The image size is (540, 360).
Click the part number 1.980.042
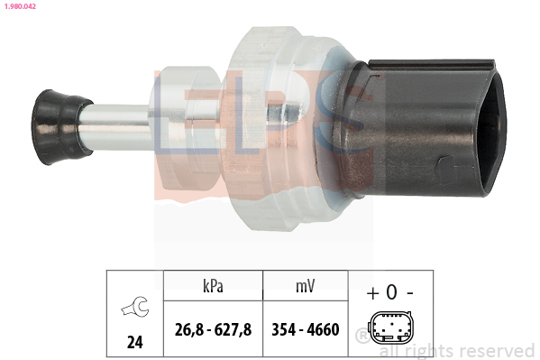(20, 6)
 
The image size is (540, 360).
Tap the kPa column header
(213, 286)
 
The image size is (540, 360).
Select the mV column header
(305, 286)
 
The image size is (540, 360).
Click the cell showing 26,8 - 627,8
(213, 329)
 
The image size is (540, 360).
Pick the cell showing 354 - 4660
(306, 329)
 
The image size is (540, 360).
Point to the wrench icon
(135, 306)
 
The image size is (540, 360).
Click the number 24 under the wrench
(134, 342)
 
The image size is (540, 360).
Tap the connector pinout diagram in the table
(391, 328)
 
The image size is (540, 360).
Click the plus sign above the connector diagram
(372, 293)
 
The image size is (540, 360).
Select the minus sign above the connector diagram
(410, 293)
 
